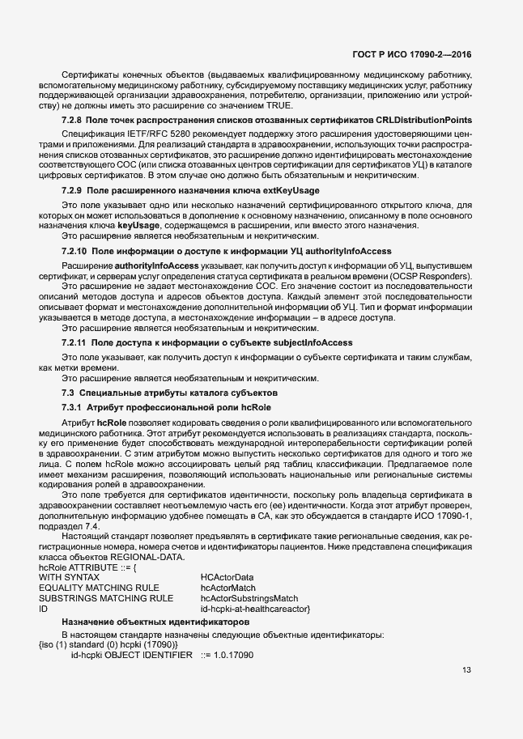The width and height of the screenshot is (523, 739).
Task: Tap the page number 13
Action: click(466, 670)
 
